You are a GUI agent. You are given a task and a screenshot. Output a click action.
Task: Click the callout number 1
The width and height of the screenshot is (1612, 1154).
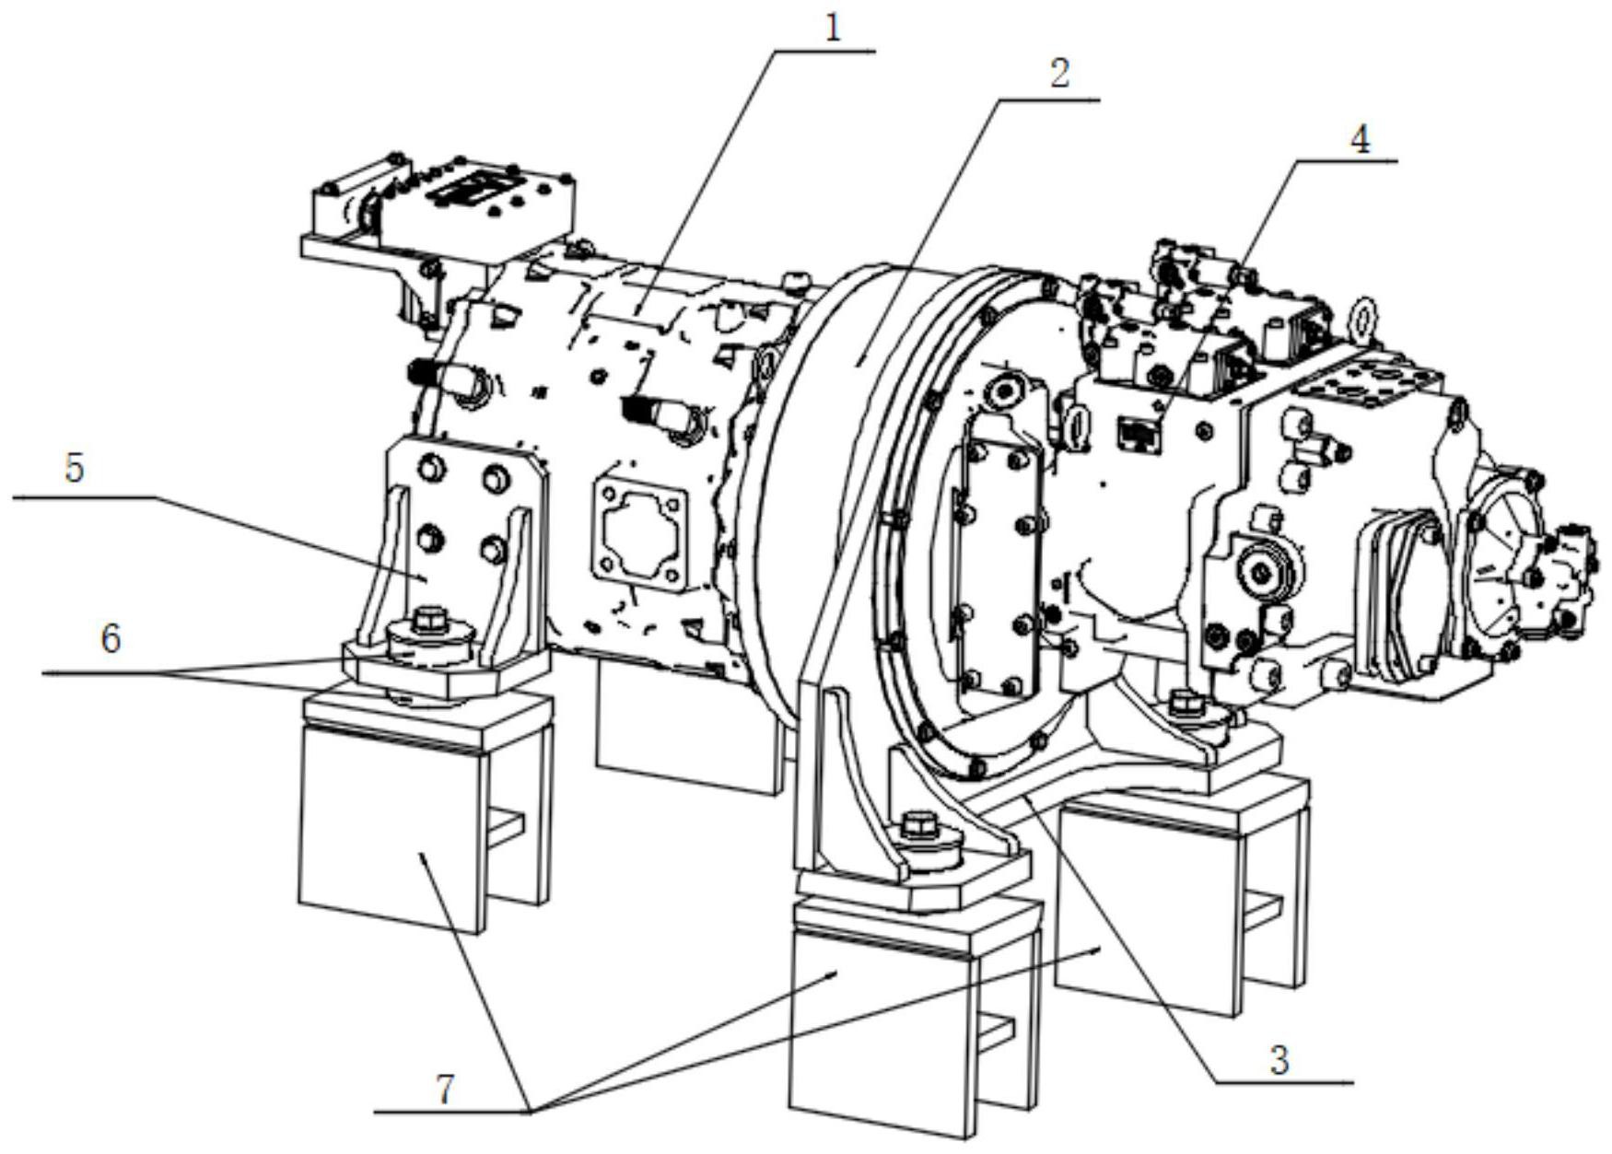click(x=833, y=28)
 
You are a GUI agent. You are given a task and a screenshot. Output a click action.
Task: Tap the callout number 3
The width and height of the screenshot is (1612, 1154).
click(x=1279, y=1060)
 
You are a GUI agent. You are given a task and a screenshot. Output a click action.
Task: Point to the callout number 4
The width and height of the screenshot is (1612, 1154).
click(x=1360, y=139)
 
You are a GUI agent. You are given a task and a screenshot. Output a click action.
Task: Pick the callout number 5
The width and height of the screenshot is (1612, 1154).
click(x=74, y=468)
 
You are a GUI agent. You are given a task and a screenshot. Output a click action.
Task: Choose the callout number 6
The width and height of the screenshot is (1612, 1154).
click(x=111, y=638)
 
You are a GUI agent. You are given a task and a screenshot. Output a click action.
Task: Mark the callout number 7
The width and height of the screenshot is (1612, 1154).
click(x=445, y=1090)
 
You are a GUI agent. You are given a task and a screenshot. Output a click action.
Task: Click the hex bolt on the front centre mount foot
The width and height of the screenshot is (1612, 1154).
click(x=918, y=822)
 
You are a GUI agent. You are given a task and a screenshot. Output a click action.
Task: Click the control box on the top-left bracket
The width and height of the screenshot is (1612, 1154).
click(x=488, y=193)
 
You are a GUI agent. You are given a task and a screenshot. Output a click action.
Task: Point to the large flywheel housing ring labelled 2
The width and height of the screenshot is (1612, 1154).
click(x=811, y=460)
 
